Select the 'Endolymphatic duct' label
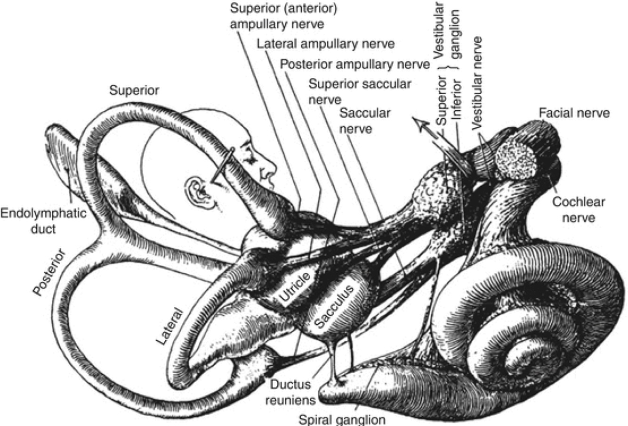[43, 221]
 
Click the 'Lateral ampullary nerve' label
[325, 44]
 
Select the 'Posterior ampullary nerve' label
[354, 64]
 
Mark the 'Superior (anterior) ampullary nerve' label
[284, 16]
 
